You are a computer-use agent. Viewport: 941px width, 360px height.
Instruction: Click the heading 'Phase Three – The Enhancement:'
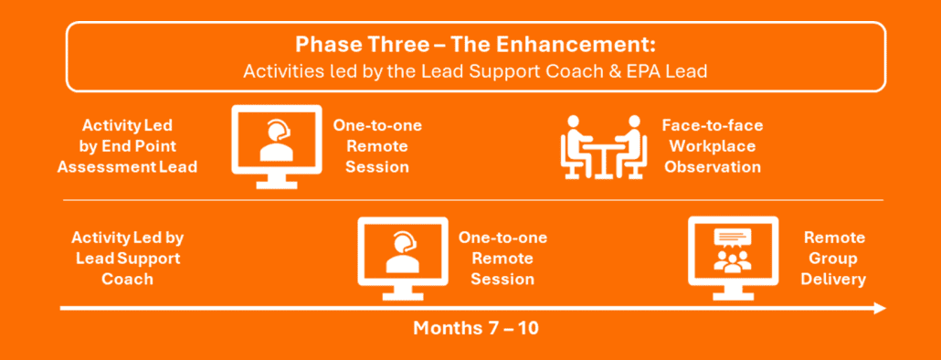(x=475, y=45)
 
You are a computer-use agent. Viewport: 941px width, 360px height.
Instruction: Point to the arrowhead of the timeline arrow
(x=880, y=309)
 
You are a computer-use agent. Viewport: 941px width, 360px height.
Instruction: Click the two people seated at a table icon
(x=604, y=147)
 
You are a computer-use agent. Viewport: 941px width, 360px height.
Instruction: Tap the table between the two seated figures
(x=604, y=155)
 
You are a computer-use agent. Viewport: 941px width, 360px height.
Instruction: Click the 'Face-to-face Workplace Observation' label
(x=713, y=146)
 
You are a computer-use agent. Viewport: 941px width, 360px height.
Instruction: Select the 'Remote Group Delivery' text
(x=834, y=258)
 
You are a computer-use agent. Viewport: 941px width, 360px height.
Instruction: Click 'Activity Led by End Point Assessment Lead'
(x=127, y=146)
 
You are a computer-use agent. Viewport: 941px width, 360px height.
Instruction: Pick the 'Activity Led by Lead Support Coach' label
(x=127, y=258)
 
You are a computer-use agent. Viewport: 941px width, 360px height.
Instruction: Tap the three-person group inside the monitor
(x=732, y=261)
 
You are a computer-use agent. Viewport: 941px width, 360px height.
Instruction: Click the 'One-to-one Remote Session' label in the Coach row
(x=502, y=258)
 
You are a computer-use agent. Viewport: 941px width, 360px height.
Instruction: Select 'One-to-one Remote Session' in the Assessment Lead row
(x=377, y=146)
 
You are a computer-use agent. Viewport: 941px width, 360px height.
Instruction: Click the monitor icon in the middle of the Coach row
(x=403, y=259)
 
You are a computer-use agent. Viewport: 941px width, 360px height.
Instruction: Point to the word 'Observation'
(x=713, y=166)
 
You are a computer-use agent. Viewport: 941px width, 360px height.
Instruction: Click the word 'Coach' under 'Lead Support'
(x=127, y=279)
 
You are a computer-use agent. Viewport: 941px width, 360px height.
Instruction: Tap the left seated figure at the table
(x=574, y=147)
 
